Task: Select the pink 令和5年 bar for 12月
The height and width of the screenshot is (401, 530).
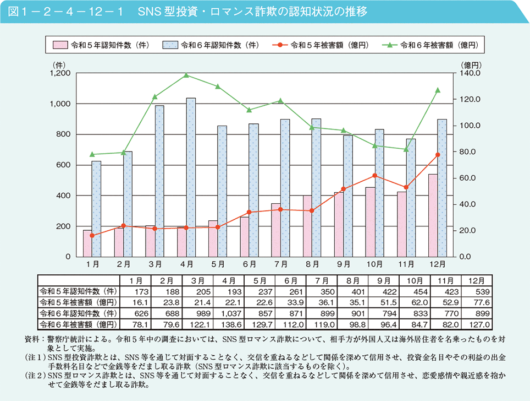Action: (433, 215)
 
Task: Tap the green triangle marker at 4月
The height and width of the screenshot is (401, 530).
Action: (186, 75)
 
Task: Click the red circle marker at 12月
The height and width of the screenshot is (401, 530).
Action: (438, 155)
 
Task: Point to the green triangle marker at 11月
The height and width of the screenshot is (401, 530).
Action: (406, 149)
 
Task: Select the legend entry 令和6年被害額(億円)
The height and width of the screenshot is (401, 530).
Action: (434, 45)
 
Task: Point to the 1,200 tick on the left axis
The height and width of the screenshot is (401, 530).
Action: (59, 73)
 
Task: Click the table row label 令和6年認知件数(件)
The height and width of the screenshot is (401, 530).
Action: (78, 312)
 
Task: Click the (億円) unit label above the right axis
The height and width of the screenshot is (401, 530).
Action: (471, 65)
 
